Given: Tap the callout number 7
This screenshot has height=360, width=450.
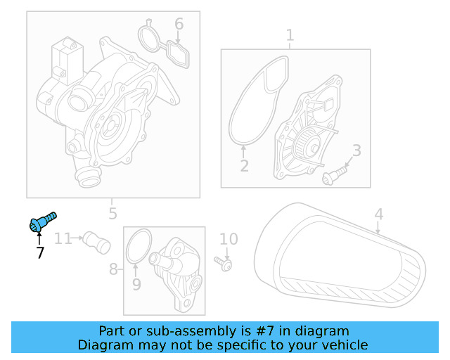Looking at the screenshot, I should tap(40, 252).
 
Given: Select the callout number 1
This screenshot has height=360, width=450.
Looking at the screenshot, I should tap(290, 35).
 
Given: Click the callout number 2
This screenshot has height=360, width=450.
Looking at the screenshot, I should tap(244, 166).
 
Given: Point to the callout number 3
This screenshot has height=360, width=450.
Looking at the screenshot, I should tap(356, 150).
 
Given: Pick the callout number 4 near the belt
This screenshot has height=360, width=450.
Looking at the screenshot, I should tap(378, 214).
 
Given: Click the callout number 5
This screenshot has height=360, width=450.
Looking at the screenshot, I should tap(112, 213).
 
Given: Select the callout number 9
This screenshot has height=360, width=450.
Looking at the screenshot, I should tap(136, 284).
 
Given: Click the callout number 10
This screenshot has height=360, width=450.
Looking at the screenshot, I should tap(229, 240).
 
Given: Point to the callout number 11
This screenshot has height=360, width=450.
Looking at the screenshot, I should tap(63, 238).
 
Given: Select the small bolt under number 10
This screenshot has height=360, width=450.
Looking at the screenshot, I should tap(226, 264).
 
